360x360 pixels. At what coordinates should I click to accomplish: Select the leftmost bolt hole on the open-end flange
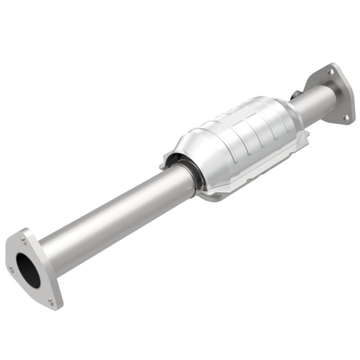click(10, 269)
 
